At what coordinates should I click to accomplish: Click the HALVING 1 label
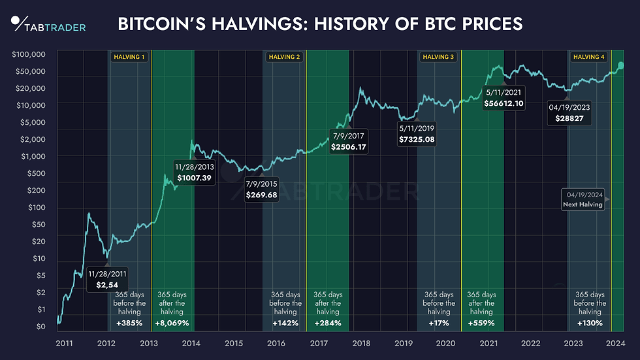point(129,57)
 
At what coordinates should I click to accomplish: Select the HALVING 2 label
point(284,57)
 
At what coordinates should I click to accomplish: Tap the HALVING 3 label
point(438,57)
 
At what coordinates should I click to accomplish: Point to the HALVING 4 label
point(589,57)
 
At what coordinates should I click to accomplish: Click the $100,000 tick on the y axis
point(29,54)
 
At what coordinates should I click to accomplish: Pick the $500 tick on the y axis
point(37,173)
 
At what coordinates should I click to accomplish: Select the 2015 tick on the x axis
point(234,343)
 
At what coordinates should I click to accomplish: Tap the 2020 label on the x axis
point(446,343)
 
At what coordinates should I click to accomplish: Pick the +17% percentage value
point(439,323)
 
